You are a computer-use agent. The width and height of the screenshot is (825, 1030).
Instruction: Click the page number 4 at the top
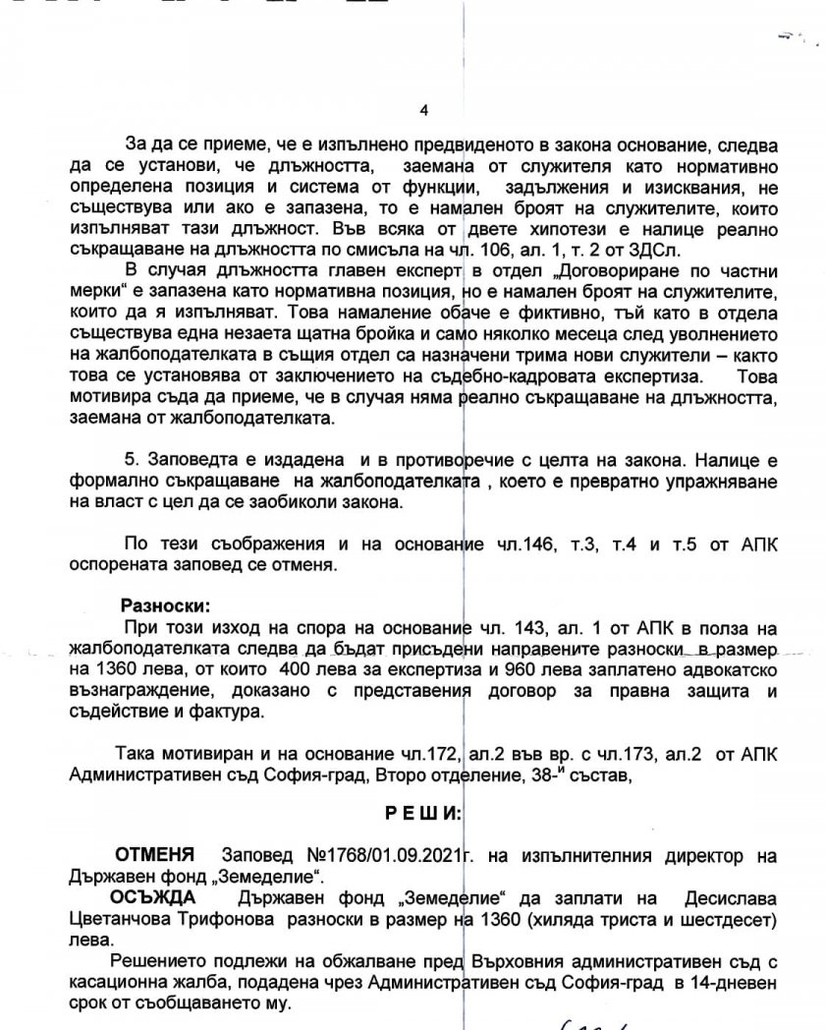pyautogui.click(x=423, y=110)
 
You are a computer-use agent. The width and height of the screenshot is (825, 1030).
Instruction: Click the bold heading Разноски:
pyautogui.click(x=165, y=603)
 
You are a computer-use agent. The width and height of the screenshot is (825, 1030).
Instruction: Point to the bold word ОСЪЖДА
pyautogui.click(x=153, y=899)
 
